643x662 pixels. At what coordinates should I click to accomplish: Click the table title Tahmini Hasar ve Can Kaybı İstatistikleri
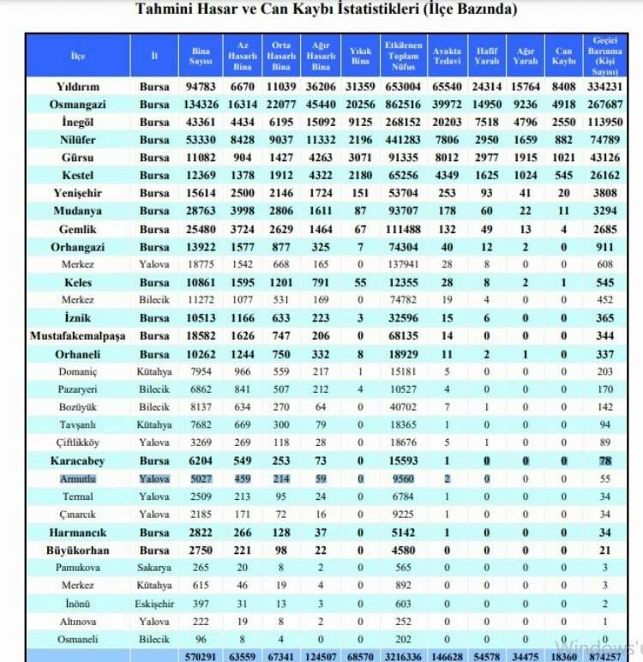pos(327,10)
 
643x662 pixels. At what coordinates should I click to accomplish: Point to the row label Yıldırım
pos(77,87)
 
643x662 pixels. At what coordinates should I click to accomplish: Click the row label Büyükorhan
pos(77,550)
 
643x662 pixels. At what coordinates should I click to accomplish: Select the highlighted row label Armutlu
pos(77,478)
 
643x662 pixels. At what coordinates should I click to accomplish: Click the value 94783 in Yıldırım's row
pos(201,87)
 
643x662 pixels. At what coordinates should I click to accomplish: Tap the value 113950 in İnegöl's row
pos(608,123)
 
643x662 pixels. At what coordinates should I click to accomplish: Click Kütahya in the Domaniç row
pos(155,372)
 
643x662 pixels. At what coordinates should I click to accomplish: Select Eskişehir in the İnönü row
pos(155,604)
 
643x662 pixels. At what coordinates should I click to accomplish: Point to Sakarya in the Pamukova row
pos(155,568)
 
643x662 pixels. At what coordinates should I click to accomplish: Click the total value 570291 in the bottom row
pos(201,655)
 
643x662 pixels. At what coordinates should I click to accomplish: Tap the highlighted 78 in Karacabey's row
pos(608,461)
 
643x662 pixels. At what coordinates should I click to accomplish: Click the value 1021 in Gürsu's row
pos(564,158)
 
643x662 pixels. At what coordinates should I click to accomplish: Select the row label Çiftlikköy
pos(77,443)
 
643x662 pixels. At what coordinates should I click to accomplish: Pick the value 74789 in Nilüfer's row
pos(608,140)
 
